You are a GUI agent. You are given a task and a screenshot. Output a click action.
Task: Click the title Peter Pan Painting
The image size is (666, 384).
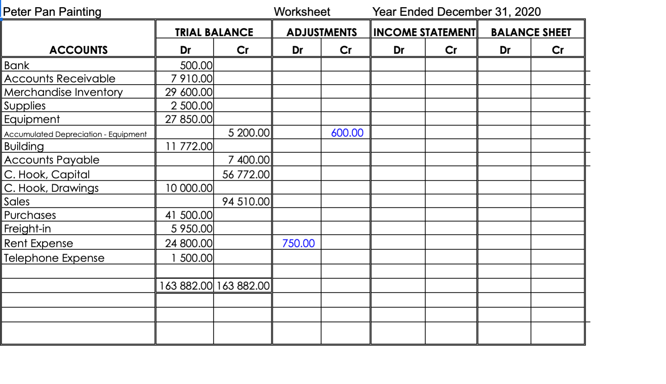(52, 12)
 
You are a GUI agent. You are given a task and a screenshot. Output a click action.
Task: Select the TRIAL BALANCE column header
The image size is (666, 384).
(214, 32)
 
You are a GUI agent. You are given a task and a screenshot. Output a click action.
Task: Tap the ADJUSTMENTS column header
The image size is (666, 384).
(321, 32)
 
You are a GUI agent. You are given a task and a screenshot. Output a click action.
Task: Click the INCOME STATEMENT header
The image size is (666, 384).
(424, 32)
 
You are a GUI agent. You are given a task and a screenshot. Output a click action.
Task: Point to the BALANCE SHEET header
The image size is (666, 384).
(531, 32)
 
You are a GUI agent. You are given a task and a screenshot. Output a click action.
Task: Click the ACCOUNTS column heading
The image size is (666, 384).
(79, 50)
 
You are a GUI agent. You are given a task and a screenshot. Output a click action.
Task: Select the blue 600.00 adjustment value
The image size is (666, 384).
(347, 133)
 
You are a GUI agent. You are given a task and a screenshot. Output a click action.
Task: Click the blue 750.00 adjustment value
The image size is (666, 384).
(298, 243)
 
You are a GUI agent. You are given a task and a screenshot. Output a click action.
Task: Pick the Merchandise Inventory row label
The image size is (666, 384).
(64, 92)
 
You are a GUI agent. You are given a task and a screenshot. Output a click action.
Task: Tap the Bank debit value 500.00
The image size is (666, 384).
(196, 65)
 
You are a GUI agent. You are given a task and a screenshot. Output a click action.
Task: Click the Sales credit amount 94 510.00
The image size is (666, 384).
(246, 202)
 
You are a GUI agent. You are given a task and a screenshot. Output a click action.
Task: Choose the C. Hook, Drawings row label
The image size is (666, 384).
(51, 188)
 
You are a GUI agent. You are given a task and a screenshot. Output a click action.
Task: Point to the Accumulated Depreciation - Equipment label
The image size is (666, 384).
(75, 134)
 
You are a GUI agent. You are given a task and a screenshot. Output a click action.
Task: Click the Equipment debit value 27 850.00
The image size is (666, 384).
(189, 119)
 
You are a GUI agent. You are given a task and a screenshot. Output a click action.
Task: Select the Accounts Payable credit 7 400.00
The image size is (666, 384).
(249, 160)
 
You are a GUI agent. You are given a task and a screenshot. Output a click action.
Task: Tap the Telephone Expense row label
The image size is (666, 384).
(54, 258)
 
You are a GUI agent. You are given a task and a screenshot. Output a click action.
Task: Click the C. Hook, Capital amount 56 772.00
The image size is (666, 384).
(246, 174)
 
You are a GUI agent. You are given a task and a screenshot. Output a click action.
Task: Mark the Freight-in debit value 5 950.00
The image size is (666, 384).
(192, 228)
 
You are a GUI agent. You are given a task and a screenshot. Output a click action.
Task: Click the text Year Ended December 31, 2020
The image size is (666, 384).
(456, 12)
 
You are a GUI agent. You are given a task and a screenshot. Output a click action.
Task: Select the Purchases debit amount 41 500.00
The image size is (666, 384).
(189, 215)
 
